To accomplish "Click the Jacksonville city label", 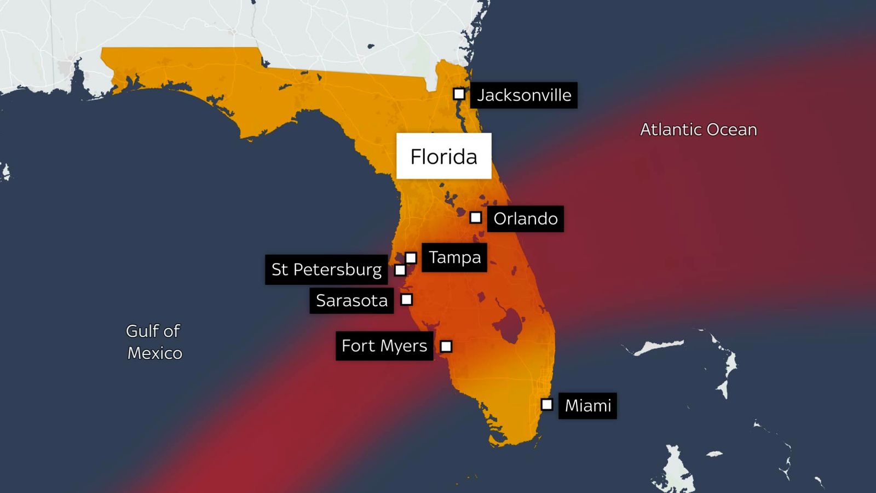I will (523, 95).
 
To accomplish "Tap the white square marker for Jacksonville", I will (459, 94).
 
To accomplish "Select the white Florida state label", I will (443, 157).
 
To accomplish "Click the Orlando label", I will (525, 219).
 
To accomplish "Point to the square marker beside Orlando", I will (476, 217).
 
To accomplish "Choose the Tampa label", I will (454, 257).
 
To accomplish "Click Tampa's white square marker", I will (411, 257).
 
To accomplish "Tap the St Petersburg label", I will (326, 270).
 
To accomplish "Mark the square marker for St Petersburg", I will (400, 270).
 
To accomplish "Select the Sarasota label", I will (351, 301).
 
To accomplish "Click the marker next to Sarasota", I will (406, 299).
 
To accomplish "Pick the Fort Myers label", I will (384, 346).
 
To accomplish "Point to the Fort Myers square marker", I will (446, 346).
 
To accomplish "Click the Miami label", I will (587, 406).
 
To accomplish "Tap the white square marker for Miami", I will (546, 404).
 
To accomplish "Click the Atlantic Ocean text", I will (699, 130).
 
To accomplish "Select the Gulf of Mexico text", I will (154, 342).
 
